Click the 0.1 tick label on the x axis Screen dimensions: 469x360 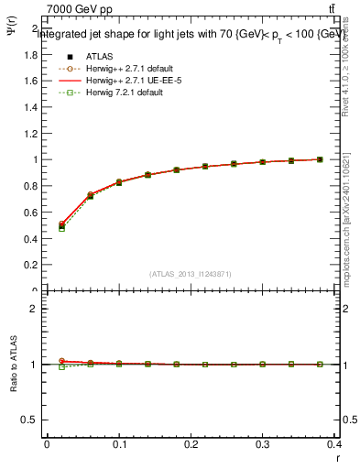119,446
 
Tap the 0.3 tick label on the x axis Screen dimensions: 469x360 264,446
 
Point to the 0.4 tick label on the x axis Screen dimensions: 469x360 335,446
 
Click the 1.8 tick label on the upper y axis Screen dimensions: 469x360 32,54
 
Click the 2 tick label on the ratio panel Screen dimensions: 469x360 36,309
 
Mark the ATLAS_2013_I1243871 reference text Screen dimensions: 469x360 191,274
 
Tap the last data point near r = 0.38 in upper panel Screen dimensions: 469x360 320,159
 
